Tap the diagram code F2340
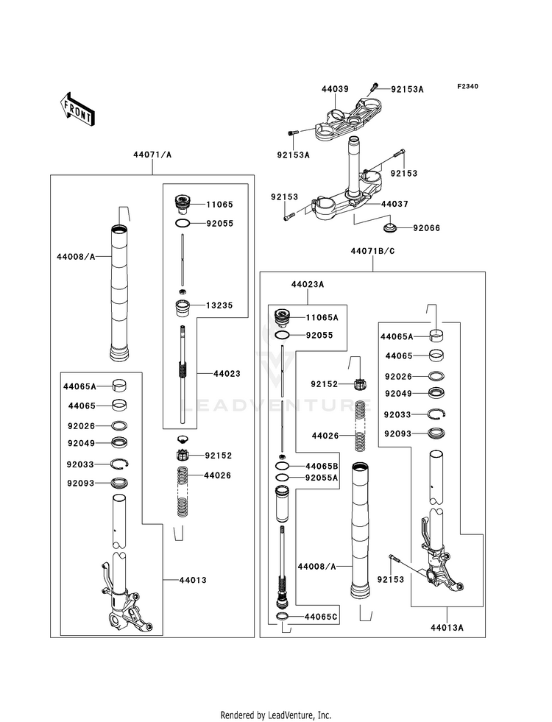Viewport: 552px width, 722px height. click(x=467, y=87)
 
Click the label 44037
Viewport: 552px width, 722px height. click(x=375, y=203)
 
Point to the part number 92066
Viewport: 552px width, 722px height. click(x=425, y=228)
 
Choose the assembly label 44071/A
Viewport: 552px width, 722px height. click(x=152, y=155)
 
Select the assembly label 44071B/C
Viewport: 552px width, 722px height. click(x=373, y=252)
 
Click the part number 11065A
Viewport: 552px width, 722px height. click(x=322, y=317)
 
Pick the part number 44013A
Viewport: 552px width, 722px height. click(x=449, y=629)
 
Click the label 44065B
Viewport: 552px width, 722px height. click(x=322, y=467)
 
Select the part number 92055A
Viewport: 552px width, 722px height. click(x=322, y=478)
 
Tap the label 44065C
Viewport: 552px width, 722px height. click(x=322, y=616)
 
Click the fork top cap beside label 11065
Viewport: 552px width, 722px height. click(x=181, y=202)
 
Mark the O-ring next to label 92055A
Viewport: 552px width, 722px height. click(x=282, y=478)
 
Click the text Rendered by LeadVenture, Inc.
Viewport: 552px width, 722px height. click(x=275, y=715)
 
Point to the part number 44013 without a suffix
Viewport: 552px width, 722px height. click(x=192, y=580)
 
